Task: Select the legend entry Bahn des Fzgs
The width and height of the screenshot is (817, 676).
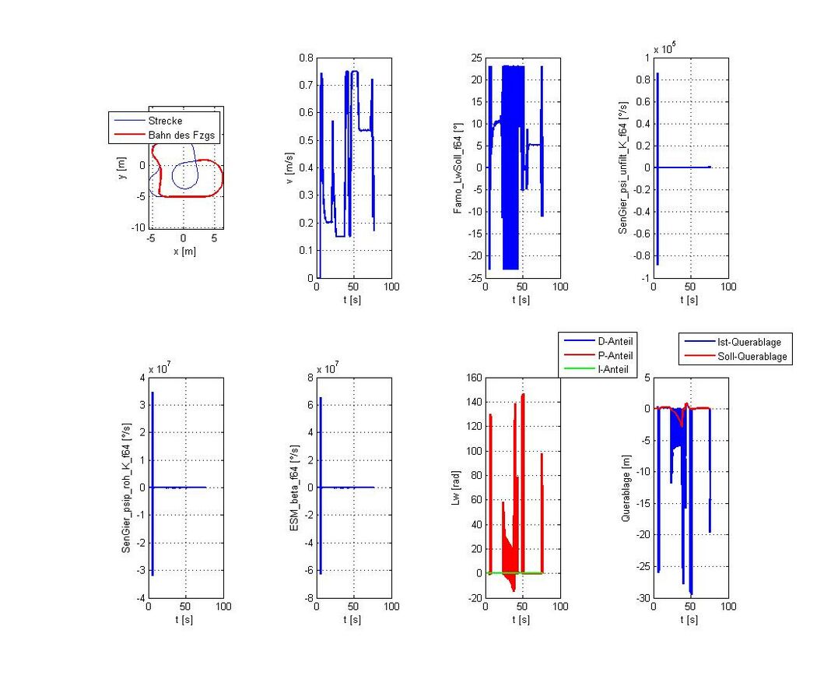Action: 181,135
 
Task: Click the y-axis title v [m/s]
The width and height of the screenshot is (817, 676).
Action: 290,167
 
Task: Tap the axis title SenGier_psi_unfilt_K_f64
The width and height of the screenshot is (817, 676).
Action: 625,167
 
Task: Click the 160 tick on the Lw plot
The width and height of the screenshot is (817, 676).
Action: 472,378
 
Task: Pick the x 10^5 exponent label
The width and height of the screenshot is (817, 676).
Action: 664,49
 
